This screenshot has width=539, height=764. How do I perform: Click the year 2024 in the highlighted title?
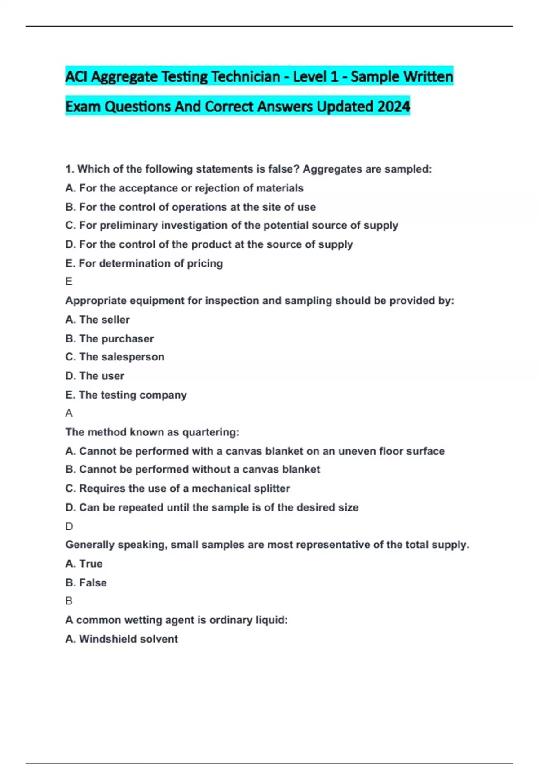pos(393,107)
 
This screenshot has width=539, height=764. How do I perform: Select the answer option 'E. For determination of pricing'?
pos(144,263)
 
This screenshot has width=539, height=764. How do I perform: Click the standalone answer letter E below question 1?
pos(69,282)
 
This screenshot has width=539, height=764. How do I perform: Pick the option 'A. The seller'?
pos(97,320)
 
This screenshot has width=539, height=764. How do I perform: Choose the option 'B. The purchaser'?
pos(110,338)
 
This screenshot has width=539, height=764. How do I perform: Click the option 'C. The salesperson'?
pos(115,357)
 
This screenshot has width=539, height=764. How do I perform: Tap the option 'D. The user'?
pos(95,376)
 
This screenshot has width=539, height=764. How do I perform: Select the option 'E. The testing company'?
pos(126,395)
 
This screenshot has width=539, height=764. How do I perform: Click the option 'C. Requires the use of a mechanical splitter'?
pos(177,489)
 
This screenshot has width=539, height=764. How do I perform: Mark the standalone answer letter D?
pos(69,526)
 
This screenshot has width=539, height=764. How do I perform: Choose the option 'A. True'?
pos(84,564)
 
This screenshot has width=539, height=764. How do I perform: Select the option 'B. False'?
pos(86,583)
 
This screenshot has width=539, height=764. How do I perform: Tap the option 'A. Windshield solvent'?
pos(121,639)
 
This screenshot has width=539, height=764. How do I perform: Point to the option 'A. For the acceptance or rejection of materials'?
pos(184,188)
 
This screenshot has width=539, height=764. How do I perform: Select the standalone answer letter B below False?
pos(69,601)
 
